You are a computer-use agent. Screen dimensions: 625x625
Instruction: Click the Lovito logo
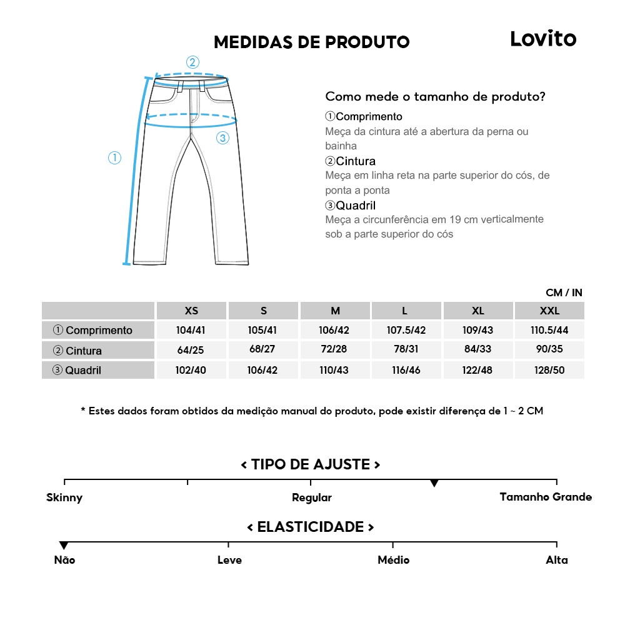[542, 39]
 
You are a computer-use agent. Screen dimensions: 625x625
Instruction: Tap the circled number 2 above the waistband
[192, 62]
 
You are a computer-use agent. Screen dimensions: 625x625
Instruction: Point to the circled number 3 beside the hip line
[222, 138]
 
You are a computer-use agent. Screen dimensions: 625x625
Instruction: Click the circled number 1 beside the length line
[114, 158]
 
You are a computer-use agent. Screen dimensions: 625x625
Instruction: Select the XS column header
[191, 311]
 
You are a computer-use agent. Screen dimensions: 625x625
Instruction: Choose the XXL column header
[549, 311]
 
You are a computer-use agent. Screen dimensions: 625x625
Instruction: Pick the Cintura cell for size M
[335, 349]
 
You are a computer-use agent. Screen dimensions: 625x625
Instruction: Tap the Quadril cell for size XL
[478, 370]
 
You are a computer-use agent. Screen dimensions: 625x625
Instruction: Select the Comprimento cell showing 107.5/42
[406, 330]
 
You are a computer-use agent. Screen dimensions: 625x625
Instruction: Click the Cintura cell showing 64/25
[191, 349]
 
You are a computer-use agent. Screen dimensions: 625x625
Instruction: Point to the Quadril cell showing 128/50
[549, 370]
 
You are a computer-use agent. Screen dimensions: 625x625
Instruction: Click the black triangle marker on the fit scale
[434, 483]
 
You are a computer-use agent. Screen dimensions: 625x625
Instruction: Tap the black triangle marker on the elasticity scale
[64, 546]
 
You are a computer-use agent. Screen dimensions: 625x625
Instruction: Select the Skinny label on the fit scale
[64, 497]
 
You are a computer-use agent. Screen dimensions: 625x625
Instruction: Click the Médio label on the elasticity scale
[394, 560]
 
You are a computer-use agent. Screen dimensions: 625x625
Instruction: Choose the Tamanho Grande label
[546, 497]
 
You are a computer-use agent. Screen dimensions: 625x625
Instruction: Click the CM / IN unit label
[564, 292]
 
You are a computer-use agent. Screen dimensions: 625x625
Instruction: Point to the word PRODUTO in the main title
[367, 42]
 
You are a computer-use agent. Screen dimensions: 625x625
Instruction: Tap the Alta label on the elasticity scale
[557, 560]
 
